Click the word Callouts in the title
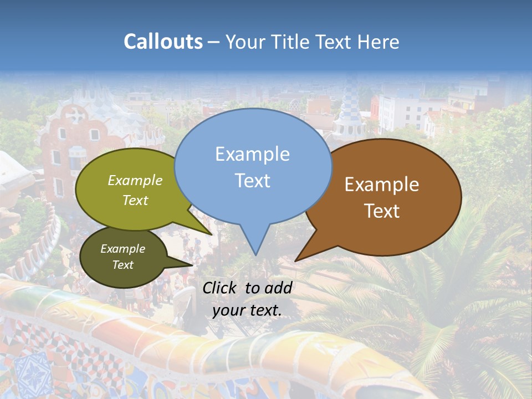coord(163,42)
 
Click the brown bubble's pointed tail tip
coord(296,260)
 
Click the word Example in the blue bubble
coord(252,154)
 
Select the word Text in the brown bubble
coord(382,211)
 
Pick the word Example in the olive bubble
coord(135,181)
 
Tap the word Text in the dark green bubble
coord(123,265)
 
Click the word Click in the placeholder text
coord(220,288)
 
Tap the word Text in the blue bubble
coord(252,181)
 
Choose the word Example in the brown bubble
coord(382,185)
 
